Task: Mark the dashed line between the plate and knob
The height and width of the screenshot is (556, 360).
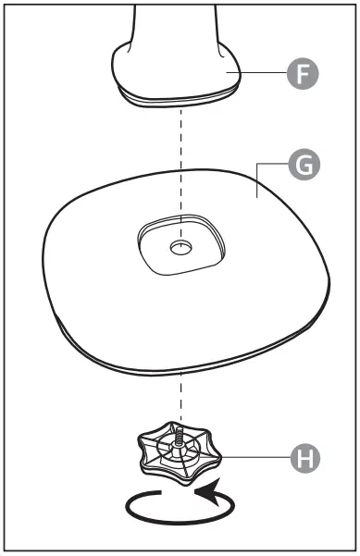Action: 181,398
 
